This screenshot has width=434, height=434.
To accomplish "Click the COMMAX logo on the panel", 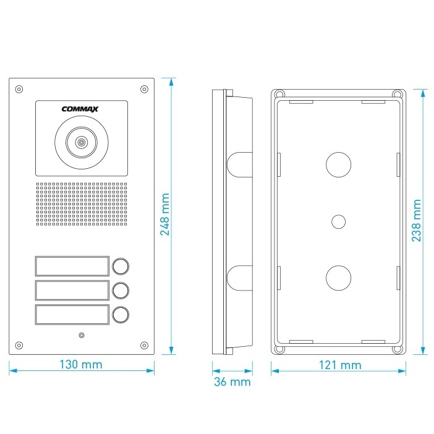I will click(x=81, y=110).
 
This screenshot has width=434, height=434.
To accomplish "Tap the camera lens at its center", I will click(x=81, y=143).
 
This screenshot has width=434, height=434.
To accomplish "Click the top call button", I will click(x=121, y=266).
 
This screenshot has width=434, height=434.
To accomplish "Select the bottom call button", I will click(x=121, y=315).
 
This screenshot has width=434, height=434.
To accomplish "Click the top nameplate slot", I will click(x=72, y=266).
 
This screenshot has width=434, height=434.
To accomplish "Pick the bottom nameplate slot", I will click(x=72, y=315).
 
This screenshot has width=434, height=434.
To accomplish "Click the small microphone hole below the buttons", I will click(x=81, y=335).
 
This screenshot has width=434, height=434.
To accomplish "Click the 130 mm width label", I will click(x=82, y=365).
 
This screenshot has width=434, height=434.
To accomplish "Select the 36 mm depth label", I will click(x=232, y=382).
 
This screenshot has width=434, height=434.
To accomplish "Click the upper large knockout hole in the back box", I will click(x=338, y=164).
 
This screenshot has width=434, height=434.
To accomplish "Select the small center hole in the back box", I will click(x=338, y=221).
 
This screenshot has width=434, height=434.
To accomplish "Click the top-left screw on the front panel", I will click(x=19, y=87).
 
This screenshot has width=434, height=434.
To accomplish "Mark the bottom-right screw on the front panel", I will click(x=145, y=345).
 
